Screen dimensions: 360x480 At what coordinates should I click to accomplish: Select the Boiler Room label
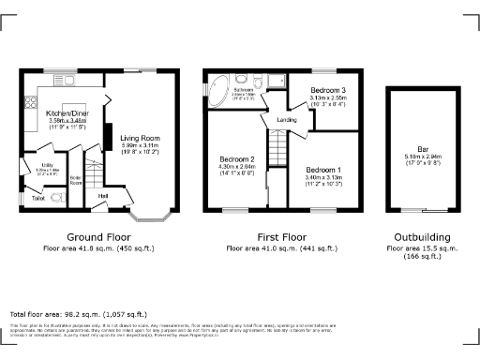[75, 180]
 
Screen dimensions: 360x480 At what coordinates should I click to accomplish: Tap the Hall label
[103, 195]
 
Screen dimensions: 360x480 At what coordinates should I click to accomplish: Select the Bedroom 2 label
[237, 158]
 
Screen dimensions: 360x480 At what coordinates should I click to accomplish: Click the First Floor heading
[281, 237]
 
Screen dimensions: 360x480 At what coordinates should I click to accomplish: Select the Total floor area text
[78, 313]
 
